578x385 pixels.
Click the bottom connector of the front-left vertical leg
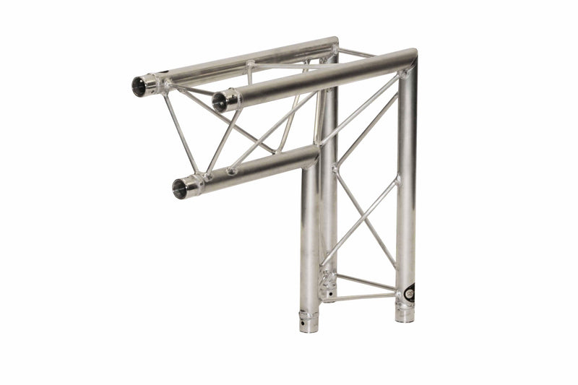(x=309, y=319)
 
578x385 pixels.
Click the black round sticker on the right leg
(x=409, y=293)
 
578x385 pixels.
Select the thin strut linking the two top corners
(x=357, y=53)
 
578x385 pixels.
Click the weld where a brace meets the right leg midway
(x=397, y=179)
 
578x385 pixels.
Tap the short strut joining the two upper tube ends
(x=189, y=92)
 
